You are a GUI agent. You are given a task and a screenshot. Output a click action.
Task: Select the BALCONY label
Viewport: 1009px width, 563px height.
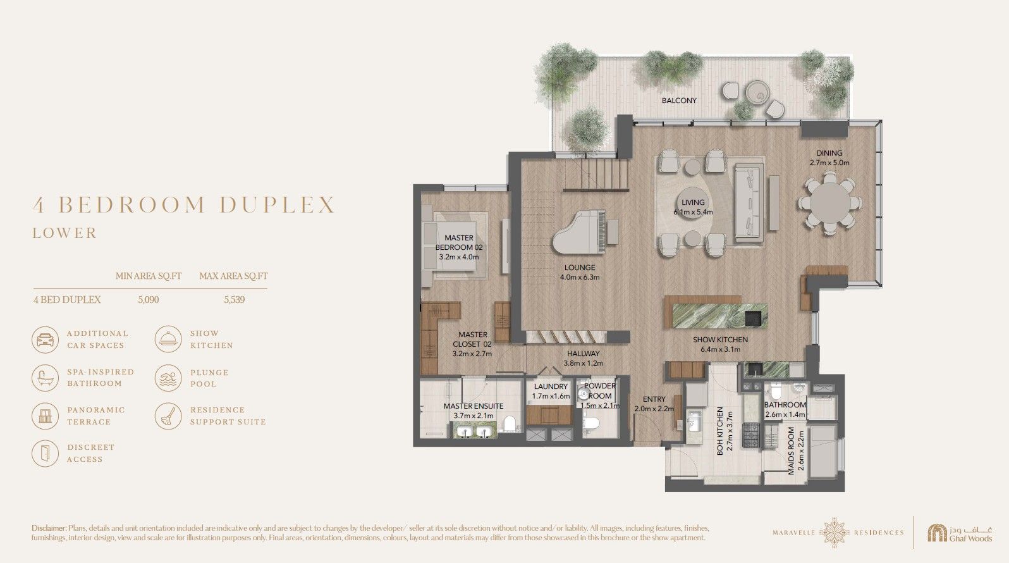tap(679, 101)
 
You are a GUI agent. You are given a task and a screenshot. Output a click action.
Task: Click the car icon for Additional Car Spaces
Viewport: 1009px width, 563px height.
tap(45, 340)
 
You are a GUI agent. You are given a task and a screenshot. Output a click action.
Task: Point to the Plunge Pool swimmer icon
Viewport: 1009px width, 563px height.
tap(168, 378)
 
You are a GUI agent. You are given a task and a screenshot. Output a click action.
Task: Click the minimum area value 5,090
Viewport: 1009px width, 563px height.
tap(148, 300)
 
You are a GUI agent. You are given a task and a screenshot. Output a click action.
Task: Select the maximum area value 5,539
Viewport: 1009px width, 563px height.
tap(234, 300)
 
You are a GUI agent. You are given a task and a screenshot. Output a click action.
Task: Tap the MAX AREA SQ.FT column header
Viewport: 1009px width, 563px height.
tap(233, 276)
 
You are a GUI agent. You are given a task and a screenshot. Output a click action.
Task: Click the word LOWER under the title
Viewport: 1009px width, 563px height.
tap(65, 233)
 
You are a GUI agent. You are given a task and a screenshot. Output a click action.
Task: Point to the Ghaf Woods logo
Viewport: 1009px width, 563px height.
tap(960, 533)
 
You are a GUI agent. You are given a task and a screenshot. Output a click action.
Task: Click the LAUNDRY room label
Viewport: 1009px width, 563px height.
tap(551, 387)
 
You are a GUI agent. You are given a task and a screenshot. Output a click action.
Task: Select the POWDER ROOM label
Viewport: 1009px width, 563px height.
tap(599, 391)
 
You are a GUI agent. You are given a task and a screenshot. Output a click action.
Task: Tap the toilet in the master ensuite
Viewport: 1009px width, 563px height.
tap(510, 424)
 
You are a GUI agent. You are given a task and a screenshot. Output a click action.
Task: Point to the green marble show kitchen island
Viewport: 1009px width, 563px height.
tap(720, 316)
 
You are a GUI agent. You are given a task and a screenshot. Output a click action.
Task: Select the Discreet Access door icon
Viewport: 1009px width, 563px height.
tap(45, 454)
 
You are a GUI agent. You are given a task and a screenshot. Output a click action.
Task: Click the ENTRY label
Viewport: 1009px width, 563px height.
tap(654, 399)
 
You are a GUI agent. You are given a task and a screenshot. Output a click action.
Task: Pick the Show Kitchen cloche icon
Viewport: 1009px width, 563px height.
tap(168, 339)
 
